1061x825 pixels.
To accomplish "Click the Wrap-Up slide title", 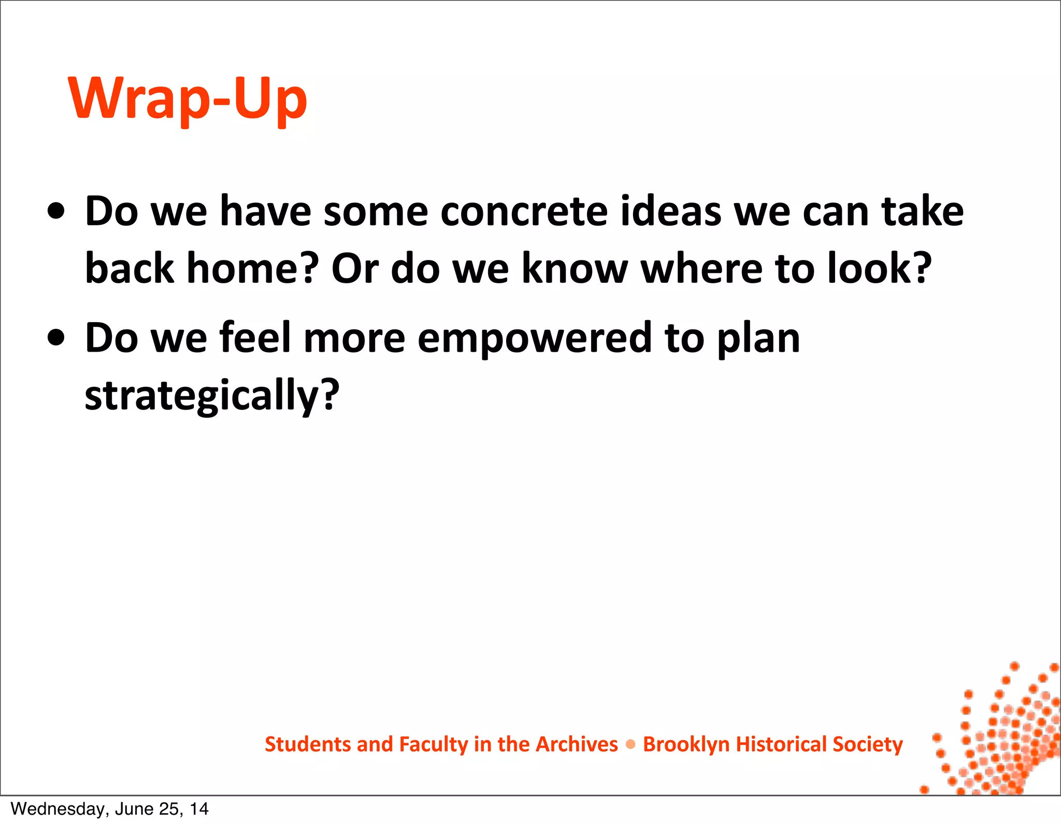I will [188, 98].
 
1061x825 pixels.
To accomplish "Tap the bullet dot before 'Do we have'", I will [56, 211].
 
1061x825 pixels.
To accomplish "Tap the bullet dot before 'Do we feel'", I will [56, 338].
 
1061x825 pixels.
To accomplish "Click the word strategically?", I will [212, 396].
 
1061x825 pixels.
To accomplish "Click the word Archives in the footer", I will [577, 744].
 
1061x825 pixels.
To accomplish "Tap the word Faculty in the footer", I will [434, 744].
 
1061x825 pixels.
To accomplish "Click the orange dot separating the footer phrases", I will [630, 745].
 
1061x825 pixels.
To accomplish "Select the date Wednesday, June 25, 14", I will [109, 809].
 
